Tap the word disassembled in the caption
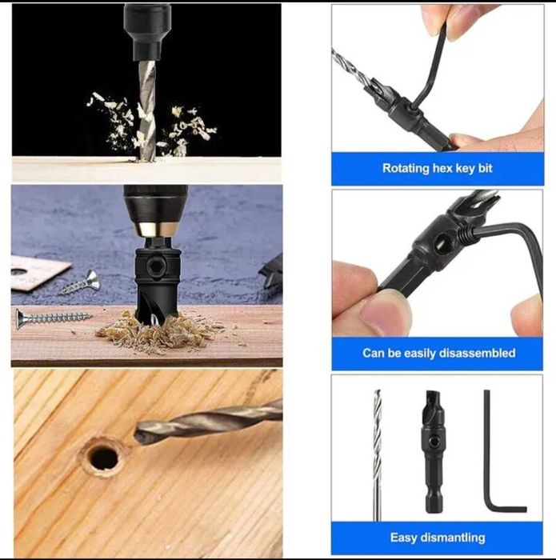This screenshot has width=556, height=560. pos(477,354)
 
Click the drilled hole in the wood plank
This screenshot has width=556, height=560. pos(103,458)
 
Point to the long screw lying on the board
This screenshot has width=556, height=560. pos(54,317)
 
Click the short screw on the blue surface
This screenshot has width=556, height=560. pos(80,282)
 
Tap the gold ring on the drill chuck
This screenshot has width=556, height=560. pos(156,230)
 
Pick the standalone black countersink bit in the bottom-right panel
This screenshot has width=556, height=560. pos(433,452)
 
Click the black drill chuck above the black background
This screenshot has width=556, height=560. pos(146,31)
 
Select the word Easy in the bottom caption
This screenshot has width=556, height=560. pos(403,538)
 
